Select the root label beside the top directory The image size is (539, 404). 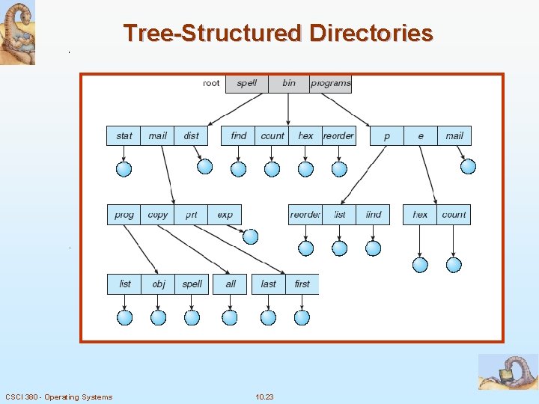tap(212, 83)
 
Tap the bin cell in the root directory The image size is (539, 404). tap(289, 83)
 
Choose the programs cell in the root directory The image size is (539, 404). tap(330, 83)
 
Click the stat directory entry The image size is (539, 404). tap(124, 135)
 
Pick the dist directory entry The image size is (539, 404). tap(192, 135)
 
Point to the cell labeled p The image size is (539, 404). tap(387, 135)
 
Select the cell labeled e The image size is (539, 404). tap(421, 135)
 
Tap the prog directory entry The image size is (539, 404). tap(124, 215)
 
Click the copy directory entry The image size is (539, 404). tap(158, 215)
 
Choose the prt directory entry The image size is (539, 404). tap(192, 215)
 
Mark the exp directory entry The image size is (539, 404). tap(225, 215)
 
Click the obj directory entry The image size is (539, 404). tap(158, 284)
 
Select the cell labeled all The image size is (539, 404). tap(231, 284)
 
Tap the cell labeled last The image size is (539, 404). tap(268, 284)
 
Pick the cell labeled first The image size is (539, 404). tap(302, 284)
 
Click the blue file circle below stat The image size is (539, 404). tap(124, 169)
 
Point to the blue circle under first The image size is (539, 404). tap(302, 318)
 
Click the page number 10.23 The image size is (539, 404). tap(264, 397)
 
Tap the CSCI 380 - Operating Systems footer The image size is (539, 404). tap(58, 397)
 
